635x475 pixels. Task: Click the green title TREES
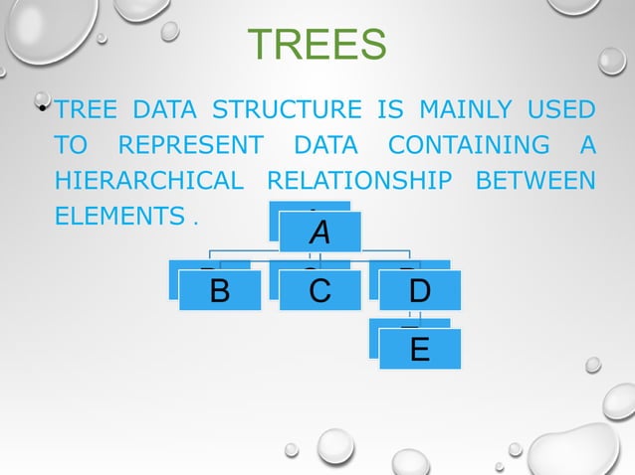(317, 45)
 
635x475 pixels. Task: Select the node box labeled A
(319, 232)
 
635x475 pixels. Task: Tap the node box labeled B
(220, 290)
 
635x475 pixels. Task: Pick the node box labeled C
(319, 290)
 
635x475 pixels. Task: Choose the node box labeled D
(419, 290)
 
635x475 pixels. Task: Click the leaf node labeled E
(419, 348)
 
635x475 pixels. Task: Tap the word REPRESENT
(190, 145)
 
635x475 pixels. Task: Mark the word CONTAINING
(468, 145)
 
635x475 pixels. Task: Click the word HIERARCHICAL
(149, 181)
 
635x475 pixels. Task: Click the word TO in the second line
(72, 145)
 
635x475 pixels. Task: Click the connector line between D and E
(419, 317)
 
